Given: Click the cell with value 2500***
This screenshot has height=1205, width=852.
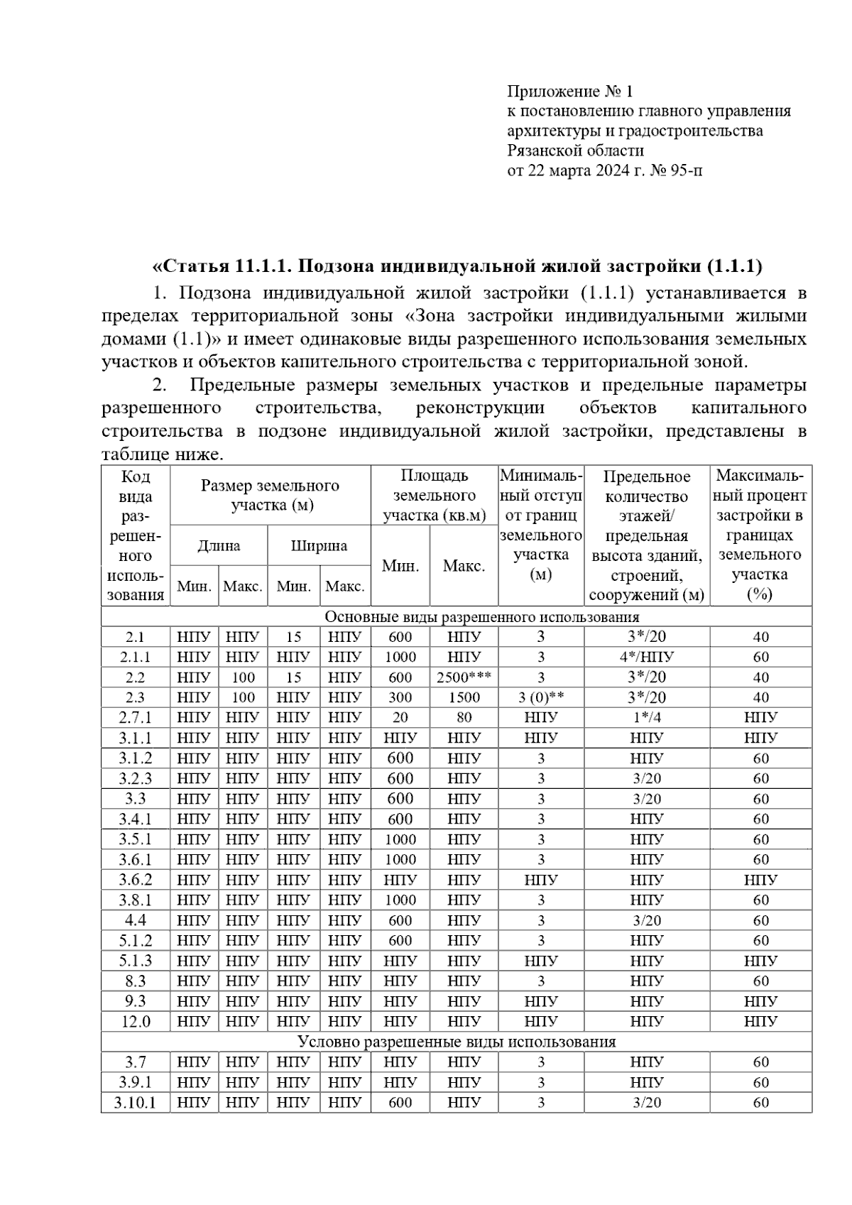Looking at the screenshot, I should [x=464, y=677].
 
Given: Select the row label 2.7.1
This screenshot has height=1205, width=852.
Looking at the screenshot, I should [x=135, y=717].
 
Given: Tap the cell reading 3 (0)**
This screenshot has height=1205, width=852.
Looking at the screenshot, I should [x=541, y=697].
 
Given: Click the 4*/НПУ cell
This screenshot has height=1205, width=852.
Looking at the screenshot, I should [x=646, y=657].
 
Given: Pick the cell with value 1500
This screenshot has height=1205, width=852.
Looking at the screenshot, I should [x=464, y=697].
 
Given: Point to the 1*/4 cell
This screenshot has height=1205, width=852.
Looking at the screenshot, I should [x=646, y=717].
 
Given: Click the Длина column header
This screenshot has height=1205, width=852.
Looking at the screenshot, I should [x=219, y=545].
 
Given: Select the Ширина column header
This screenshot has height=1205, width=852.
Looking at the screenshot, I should [x=319, y=545].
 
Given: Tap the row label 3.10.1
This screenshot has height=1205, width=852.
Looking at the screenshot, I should [x=135, y=1103].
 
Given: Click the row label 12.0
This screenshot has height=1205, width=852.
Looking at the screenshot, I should [x=135, y=1022].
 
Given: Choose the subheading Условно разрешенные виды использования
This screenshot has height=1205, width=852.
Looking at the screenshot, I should [x=457, y=1042].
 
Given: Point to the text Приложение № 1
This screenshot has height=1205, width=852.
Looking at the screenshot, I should [x=569, y=92].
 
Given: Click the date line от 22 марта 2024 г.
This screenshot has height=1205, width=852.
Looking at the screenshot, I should [x=605, y=170].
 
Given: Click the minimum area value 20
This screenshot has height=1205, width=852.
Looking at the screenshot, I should [x=400, y=717].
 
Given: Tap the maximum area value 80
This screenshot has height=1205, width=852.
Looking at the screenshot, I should [x=464, y=717].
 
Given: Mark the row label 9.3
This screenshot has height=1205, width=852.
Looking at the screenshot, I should [x=135, y=1001].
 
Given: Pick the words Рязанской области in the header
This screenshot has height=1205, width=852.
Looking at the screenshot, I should [x=575, y=151].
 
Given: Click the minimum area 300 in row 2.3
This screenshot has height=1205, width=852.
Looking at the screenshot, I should [x=400, y=697].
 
